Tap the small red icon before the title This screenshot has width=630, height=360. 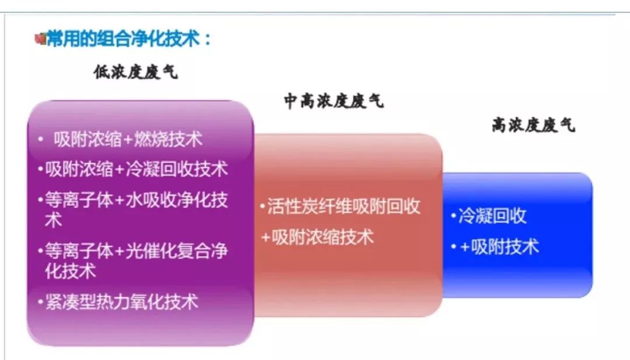point(41,39)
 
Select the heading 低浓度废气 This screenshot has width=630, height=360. point(135,72)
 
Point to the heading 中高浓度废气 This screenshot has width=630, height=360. point(334,101)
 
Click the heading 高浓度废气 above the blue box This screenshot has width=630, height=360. point(534,125)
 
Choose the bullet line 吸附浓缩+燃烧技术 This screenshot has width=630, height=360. point(128,139)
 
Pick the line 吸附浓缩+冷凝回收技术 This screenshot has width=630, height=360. point(136,169)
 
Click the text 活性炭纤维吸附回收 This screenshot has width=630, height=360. point(344,207)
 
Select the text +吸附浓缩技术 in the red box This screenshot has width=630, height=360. point(317,237)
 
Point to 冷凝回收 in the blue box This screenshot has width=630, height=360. point(492,216)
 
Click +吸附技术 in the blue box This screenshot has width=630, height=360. point(499,247)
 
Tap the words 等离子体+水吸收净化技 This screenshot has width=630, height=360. point(136,200)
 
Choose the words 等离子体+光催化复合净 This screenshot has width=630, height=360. point(136,251)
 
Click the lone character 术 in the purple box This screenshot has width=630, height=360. point(54,220)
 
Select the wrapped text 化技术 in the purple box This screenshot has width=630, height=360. point(71,271)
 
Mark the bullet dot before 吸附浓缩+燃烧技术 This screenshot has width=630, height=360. point(40,139)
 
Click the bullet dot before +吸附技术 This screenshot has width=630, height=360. point(454,246)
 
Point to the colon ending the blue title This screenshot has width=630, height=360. point(207,39)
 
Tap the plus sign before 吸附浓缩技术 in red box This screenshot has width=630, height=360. point(265,237)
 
